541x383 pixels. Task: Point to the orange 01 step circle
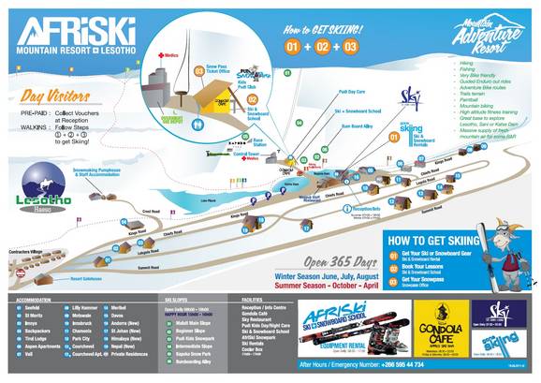pyautogui.click(x=293, y=45)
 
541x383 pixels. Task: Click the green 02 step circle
pyautogui.click(x=321, y=45)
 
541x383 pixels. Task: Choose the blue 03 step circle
pyautogui.click(x=350, y=45)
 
